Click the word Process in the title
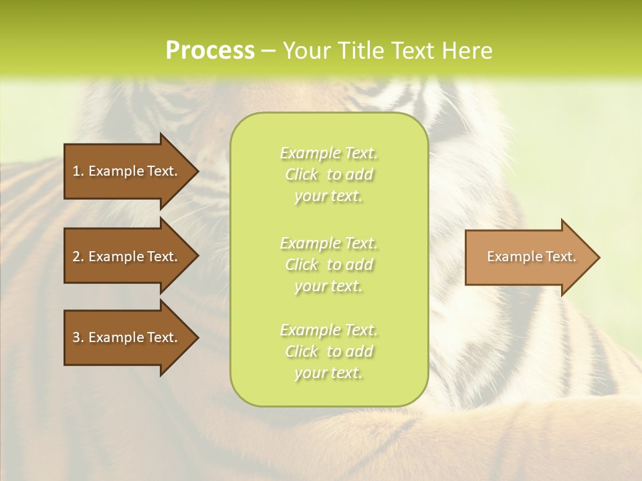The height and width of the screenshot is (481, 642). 210,51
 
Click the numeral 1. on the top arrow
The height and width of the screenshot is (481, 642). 78,171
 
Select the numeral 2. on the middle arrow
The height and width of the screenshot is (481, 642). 78,257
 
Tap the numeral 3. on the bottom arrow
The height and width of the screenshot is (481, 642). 78,337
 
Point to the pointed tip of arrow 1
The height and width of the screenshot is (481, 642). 197,171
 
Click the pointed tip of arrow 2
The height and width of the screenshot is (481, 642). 197,256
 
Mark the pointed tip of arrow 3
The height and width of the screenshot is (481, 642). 197,337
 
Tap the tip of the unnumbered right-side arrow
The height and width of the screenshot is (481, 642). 599,257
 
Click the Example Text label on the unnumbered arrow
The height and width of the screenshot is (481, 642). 532,257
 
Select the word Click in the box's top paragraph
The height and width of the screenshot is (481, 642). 302,174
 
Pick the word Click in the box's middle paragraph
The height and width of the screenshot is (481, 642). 302,265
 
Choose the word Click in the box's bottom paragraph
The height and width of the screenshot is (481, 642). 302,351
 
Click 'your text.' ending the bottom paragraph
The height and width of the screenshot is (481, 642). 328,373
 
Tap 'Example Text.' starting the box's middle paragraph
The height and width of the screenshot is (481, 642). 329,243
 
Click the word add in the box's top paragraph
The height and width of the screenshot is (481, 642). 359,174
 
